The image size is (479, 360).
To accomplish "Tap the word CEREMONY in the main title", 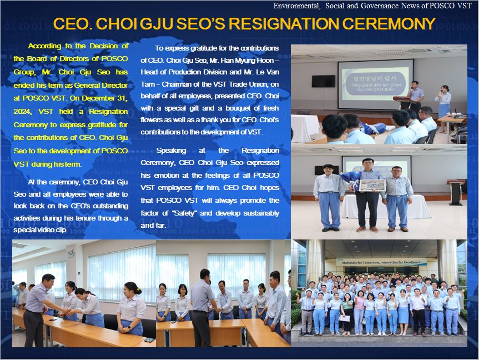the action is pos(389,23).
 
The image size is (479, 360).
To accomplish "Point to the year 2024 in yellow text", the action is pos(22,111).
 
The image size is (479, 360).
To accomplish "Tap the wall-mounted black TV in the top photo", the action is pos(323,81).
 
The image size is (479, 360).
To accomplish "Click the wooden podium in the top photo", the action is pos(402,103).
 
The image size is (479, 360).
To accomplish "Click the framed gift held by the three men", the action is pos(372,185).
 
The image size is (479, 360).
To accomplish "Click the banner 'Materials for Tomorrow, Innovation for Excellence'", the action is pos(381,262).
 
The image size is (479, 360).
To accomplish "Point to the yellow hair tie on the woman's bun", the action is pos(138,289).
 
